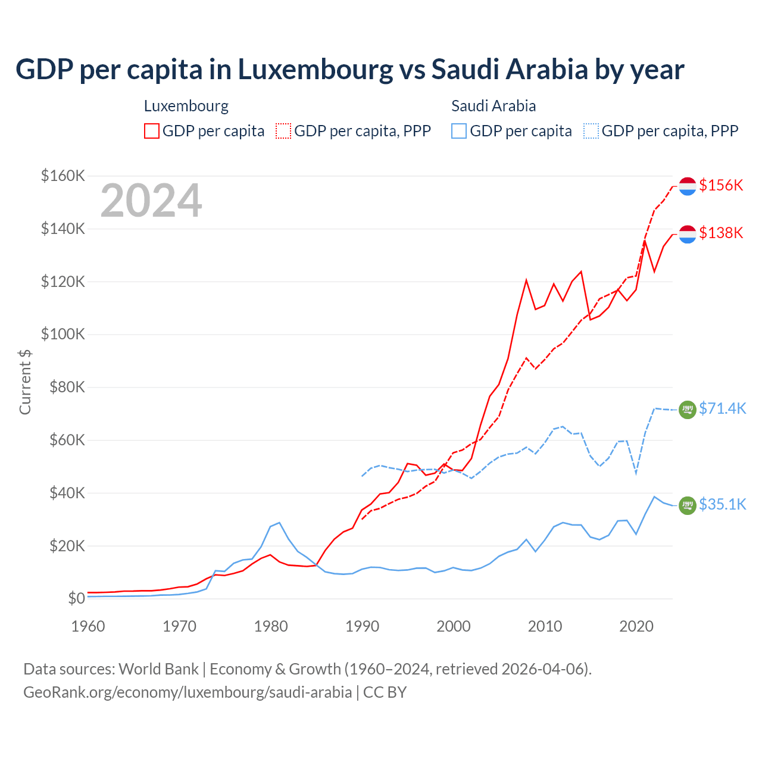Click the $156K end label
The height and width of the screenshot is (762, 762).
point(721,185)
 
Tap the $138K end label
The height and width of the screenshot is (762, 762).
point(721,233)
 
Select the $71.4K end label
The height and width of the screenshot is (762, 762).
point(722,408)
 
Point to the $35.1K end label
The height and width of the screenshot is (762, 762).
point(722,504)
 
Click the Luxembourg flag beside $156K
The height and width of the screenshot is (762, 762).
point(688,186)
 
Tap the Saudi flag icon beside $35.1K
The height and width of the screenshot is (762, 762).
point(688,505)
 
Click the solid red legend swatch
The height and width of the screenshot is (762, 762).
point(152,131)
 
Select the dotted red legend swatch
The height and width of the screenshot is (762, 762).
point(283,131)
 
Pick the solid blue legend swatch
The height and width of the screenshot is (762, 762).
point(459,131)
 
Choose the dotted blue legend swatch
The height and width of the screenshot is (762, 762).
point(591,131)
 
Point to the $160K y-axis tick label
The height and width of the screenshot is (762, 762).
point(63,176)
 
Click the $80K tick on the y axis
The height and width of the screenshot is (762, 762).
point(66,387)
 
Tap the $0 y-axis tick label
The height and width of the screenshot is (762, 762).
point(76,598)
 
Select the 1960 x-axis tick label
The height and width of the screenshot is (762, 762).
point(88,626)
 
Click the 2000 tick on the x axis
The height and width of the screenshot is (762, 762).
point(454,626)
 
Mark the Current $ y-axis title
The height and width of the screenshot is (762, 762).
point(25,382)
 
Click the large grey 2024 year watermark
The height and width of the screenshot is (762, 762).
point(151,201)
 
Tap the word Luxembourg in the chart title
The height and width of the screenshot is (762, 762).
point(316,69)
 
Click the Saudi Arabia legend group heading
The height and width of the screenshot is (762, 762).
point(494,106)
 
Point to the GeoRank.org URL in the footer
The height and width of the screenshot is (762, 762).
point(188,692)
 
